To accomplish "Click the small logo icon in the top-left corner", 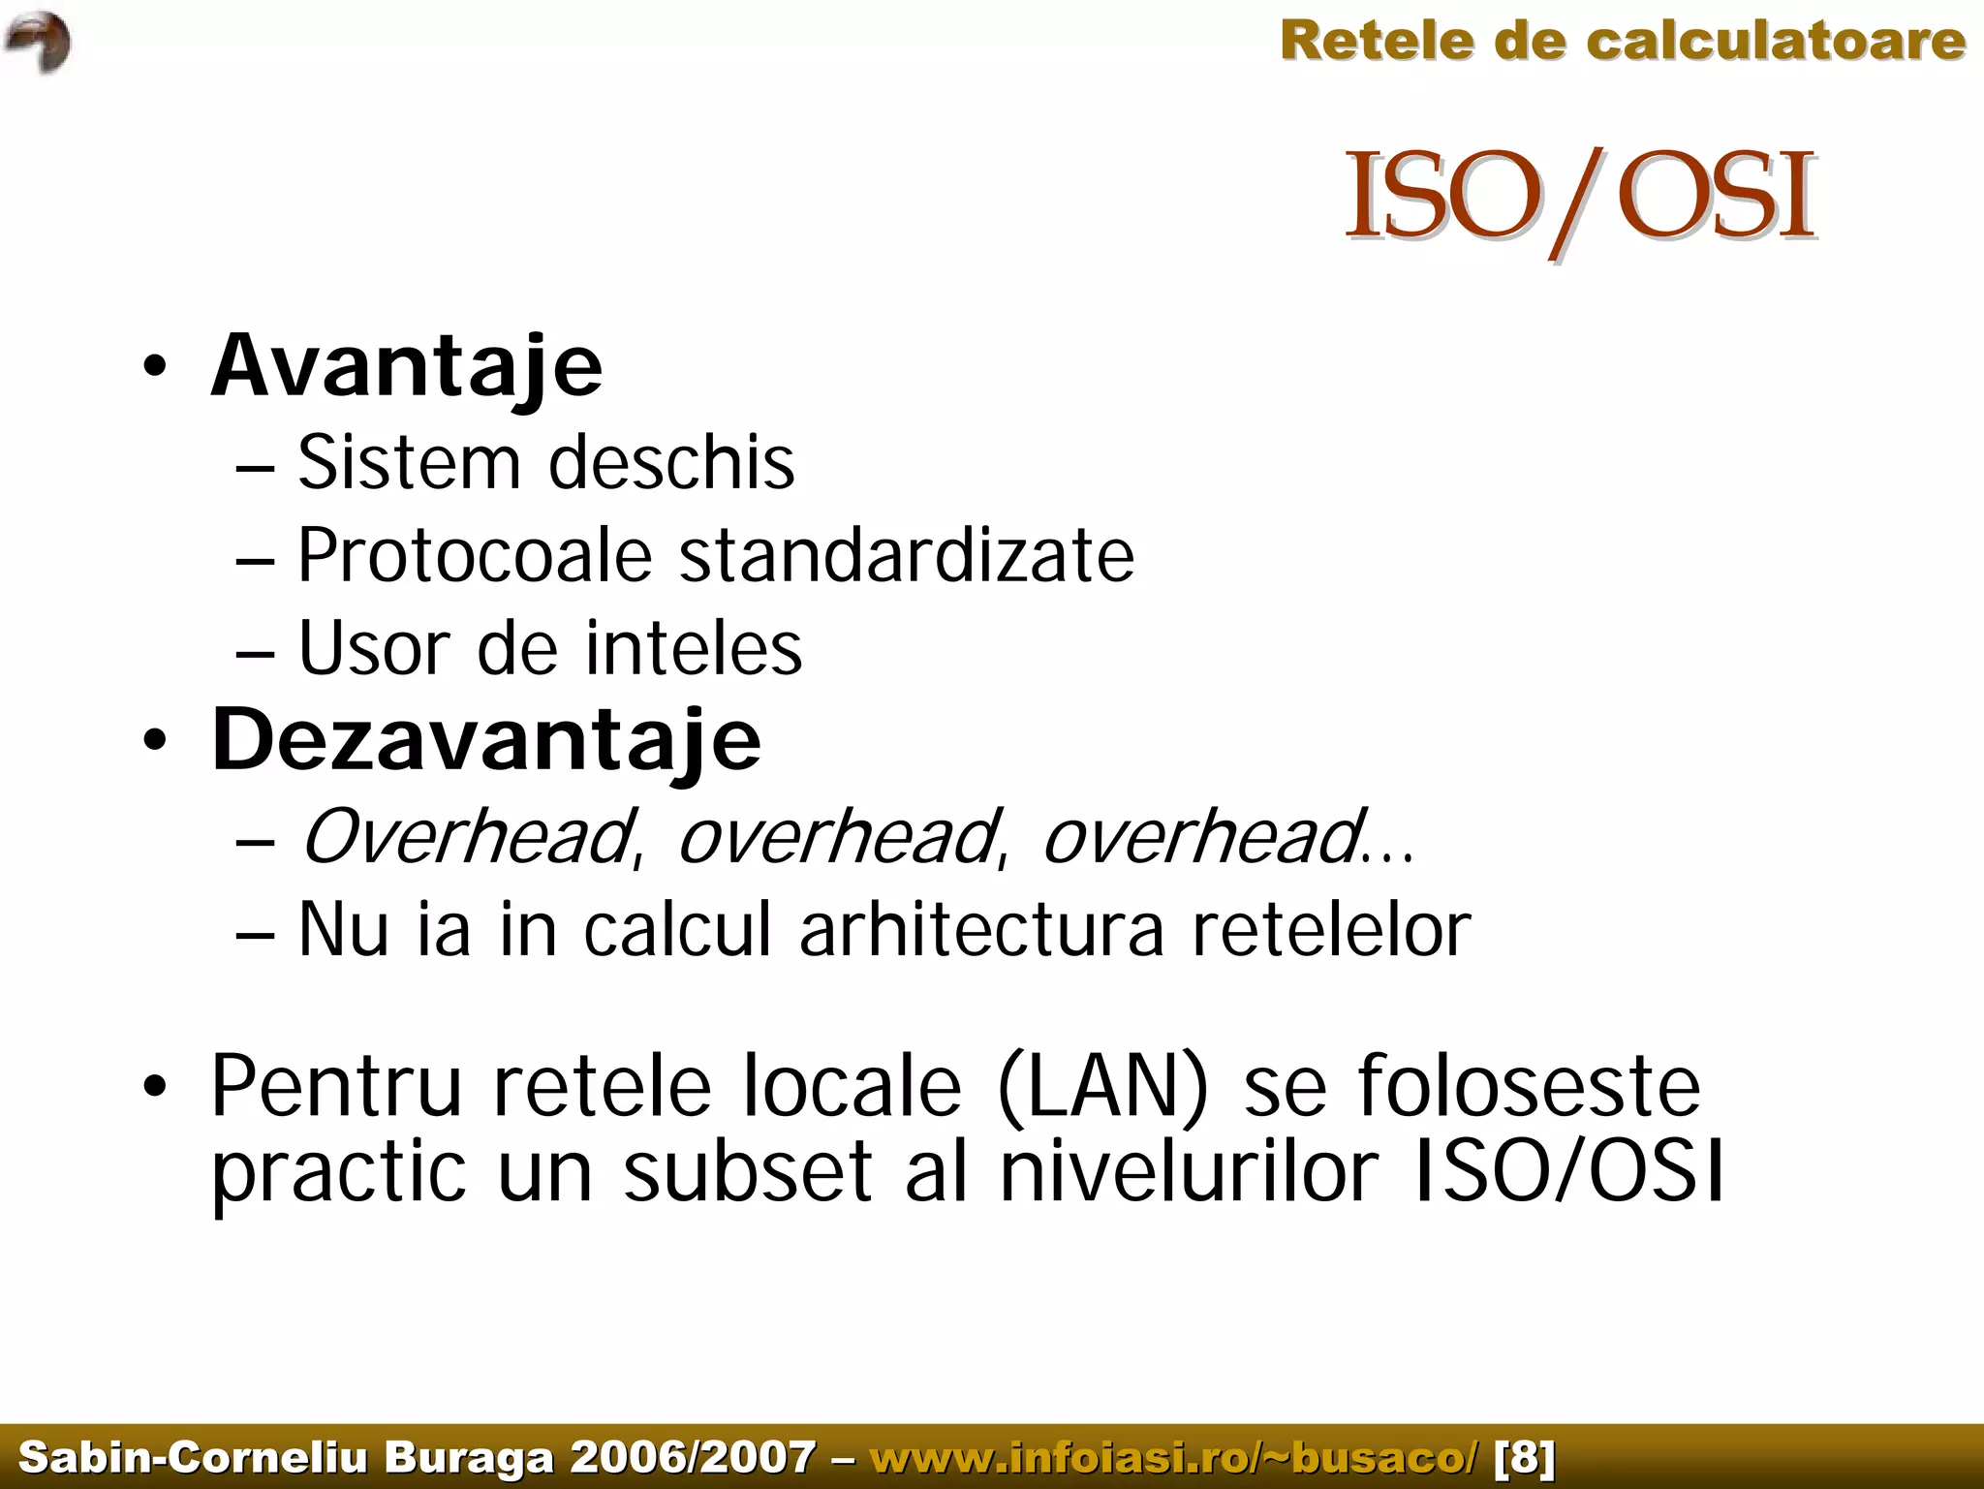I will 38,42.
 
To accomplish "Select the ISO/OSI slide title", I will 1579,199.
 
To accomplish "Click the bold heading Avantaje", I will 407,366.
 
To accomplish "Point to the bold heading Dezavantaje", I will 486,740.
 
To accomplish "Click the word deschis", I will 671,462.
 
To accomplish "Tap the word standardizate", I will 907,556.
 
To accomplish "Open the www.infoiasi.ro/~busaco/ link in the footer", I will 1175,1457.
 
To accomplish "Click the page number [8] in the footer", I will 1525,1457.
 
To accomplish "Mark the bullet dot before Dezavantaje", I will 154,742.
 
